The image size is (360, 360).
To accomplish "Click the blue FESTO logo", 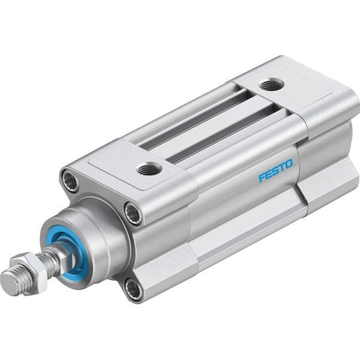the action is click(x=276, y=170).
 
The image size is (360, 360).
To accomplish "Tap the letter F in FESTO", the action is click(x=262, y=178).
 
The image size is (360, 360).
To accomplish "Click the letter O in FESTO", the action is click(x=289, y=163).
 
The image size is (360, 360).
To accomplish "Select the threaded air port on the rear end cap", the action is click(x=272, y=84).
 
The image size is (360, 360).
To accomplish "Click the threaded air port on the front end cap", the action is click(x=149, y=169).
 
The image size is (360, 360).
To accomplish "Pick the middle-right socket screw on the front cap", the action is click(x=133, y=213).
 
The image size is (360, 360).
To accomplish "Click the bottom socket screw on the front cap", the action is click(x=133, y=288).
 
